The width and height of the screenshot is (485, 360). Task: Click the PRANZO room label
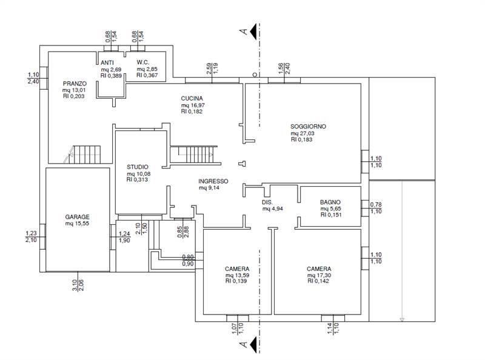click(x=75, y=84)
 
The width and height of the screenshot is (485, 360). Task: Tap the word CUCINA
click(x=192, y=98)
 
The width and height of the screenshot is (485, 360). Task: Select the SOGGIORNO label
click(x=308, y=127)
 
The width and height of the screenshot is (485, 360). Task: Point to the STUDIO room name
click(x=138, y=167)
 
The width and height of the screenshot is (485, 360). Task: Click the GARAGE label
click(x=77, y=217)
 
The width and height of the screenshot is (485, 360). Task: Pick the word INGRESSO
click(x=213, y=181)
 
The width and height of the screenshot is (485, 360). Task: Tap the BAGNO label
click(x=330, y=202)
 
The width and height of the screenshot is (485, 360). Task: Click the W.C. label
click(x=143, y=62)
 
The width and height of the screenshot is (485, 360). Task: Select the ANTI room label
click(x=107, y=63)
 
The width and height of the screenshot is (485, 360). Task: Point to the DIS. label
click(x=267, y=202)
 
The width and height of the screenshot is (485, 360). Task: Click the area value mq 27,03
click(x=302, y=133)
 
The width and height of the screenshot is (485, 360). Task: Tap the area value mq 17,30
click(x=319, y=275)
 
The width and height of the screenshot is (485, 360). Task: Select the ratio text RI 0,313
click(x=138, y=179)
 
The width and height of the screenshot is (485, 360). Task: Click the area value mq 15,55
click(x=77, y=223)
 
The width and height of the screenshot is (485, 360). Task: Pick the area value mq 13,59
click(x=237, y=275)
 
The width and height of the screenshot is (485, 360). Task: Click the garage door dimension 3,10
click(x=75, y=285)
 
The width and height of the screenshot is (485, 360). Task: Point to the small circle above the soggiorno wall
click(x=255, y=75)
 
